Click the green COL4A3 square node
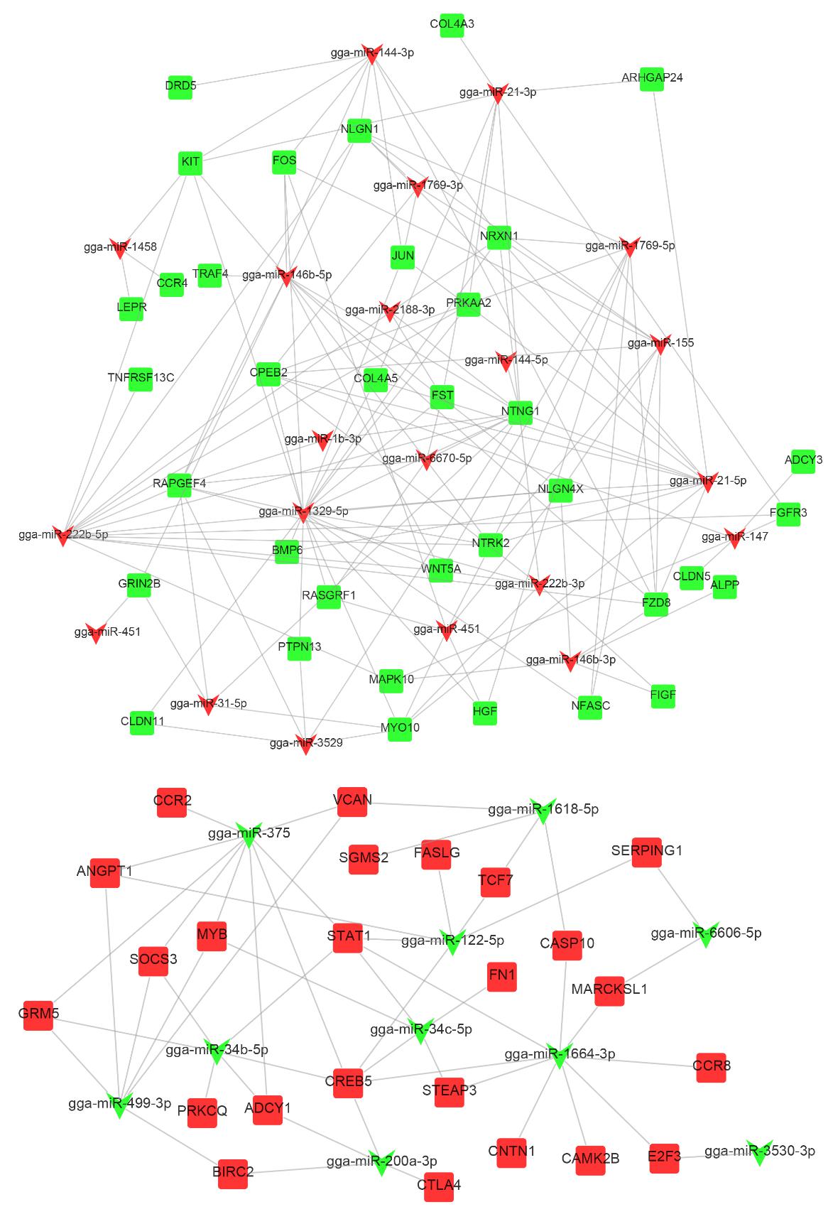click(x=452, y=25)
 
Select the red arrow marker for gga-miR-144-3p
click(x=371, y=55)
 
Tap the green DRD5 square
click(x=180, y=87)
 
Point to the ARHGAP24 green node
click(x=651, y=78)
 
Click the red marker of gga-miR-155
click(x=661, y=345)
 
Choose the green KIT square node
click(x=190, y=163)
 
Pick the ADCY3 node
click(x=802, y=461)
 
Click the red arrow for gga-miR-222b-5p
click(x=63, y=536)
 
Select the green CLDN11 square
click(x=141, y=722)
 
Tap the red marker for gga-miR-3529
click(x=305, y=744)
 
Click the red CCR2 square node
click(x=172, y=802)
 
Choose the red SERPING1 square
click(x=646, y=852)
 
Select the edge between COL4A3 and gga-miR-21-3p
click(x=474, y=58)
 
